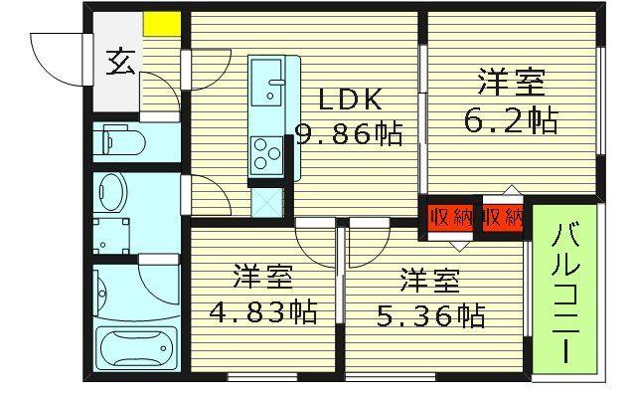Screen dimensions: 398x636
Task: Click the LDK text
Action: [348, 99]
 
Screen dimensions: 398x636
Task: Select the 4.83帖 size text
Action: [262, 311]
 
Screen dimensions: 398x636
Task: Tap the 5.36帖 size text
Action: [429, 315]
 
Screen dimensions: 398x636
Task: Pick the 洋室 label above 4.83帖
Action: [262, 275]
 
